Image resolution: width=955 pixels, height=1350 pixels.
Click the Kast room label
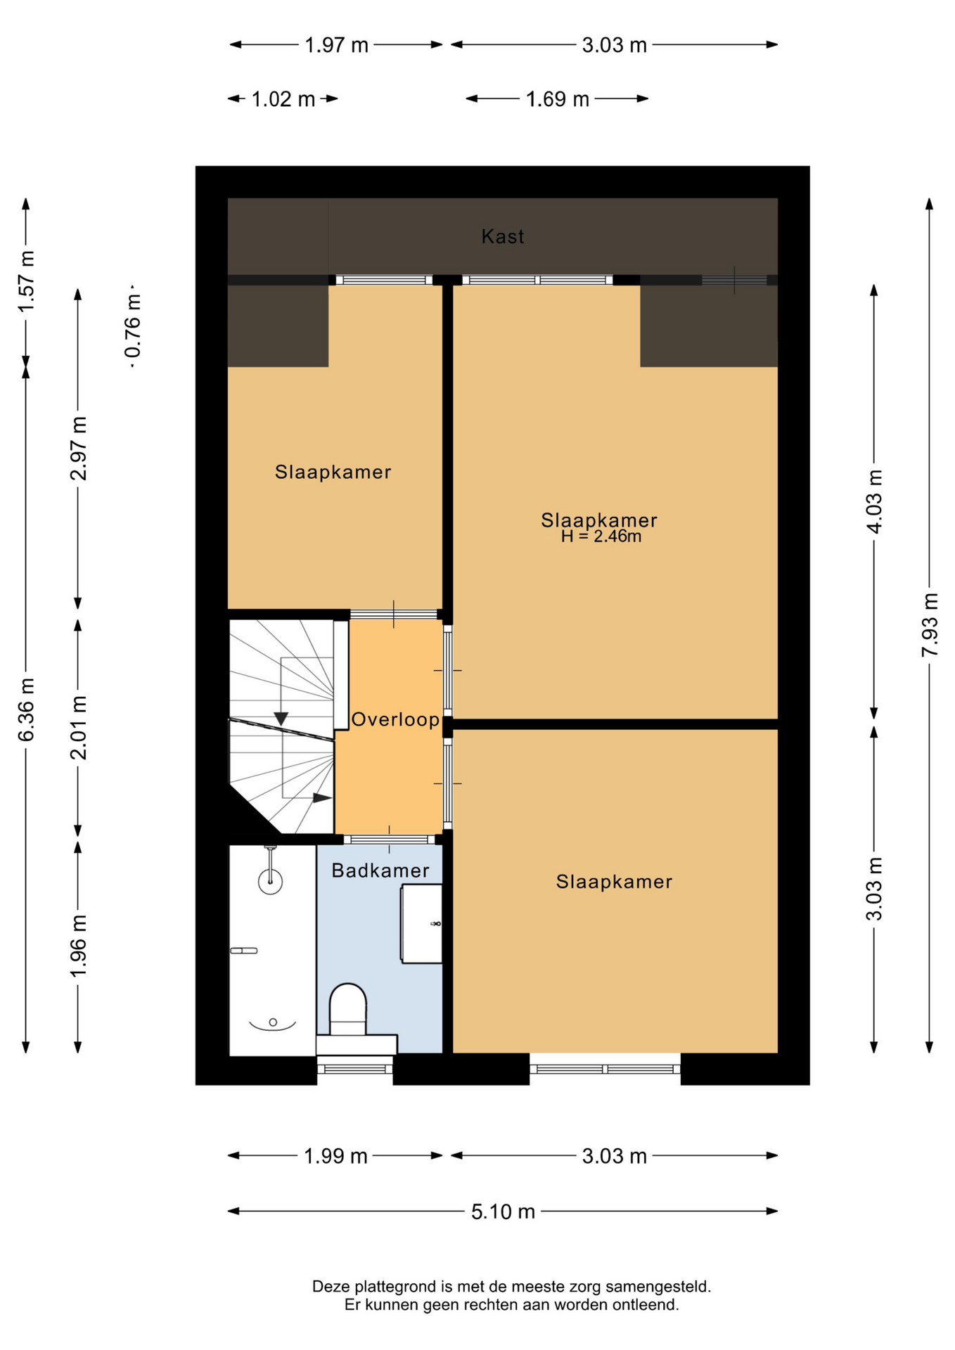click(x=502, y=236)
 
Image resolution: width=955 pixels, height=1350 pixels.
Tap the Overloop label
click(x=395, y=719)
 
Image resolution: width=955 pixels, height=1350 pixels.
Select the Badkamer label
click(x=380, y=870)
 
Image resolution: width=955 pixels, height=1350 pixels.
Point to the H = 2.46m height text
click(x=601, y=536)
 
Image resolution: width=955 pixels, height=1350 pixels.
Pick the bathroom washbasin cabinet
click(x=421, y=923)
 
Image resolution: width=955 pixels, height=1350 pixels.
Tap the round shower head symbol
click(x=270, y=880)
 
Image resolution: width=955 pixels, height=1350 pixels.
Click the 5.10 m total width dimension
click(x=503, y=1211)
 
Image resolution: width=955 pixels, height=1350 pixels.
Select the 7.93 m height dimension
click(x=930, y=625)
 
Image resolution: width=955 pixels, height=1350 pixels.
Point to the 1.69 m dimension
click(x=557, y=99)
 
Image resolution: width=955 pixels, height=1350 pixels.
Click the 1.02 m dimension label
click(x=283, y=99)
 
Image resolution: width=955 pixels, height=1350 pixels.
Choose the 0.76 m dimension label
click(x=132, y=326)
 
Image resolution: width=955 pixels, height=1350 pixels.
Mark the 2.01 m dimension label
click(x=78, y=728)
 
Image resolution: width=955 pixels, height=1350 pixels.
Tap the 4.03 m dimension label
click(x=874, y=502)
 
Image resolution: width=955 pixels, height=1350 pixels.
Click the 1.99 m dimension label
click(x=335, y=1156)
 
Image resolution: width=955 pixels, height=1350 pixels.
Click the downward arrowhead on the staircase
click(x=281, y=719)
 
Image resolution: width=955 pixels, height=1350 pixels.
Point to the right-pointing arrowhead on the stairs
click(x=322, y=798)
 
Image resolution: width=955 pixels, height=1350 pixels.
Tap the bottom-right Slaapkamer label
click(x=614, y=882)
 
